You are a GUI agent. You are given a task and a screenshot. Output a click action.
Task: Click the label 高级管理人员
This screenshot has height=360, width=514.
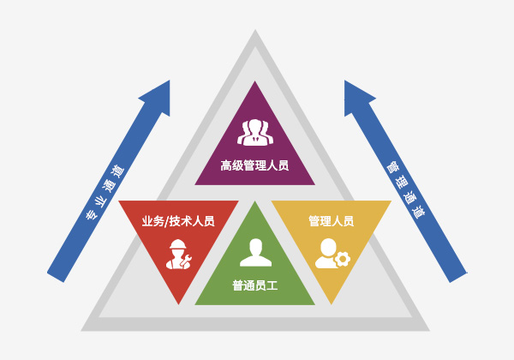(254, 165)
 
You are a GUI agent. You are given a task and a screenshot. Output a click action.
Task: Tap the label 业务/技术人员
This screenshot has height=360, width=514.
(178, 221)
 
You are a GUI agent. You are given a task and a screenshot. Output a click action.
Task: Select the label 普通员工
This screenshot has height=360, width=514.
(255, 285)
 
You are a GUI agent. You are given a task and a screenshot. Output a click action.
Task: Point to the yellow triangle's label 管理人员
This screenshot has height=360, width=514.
(331, 221)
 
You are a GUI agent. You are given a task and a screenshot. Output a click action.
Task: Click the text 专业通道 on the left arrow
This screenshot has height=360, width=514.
(105, 193)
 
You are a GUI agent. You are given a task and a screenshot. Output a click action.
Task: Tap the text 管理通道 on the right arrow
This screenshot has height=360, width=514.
(406, 189)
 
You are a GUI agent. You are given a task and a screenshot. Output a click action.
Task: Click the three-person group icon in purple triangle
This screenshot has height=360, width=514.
(255, 132)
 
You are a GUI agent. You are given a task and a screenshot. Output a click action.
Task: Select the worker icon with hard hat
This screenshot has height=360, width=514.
(179, 254)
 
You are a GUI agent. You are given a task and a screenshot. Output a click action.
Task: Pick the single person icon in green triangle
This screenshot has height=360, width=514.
(255, 252)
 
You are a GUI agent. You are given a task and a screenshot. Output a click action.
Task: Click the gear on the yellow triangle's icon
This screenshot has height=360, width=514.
(343, 259)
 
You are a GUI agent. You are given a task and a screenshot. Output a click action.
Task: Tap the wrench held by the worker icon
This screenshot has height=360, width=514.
(187, 260)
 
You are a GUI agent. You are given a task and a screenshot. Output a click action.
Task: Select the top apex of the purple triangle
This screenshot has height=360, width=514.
(254, 81)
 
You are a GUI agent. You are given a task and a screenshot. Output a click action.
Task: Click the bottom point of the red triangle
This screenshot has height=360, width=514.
(179, 304)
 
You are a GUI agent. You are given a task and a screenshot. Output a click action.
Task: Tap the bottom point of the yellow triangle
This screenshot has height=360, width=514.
(332, 304)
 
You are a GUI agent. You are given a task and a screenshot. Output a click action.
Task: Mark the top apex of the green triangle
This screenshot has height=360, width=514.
(255, 201)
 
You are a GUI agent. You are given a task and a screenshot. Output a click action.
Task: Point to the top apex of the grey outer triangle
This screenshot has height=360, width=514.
(255, 30)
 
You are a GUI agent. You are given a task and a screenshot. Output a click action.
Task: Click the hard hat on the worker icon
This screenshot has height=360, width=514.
(178, 244)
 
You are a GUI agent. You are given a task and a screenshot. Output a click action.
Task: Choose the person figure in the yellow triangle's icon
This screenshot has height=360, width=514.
(326, 254)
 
